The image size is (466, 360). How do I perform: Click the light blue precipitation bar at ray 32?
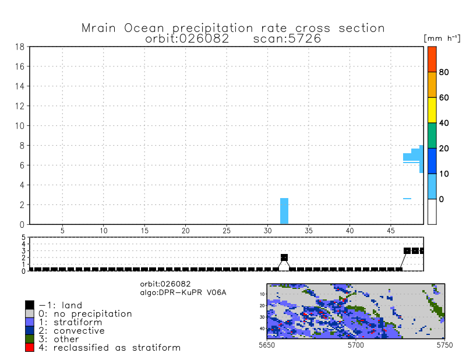click(x=284, y=211)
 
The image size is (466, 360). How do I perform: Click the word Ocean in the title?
click(x=144, y=28)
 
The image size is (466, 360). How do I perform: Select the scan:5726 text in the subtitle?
click(x=287, y=38)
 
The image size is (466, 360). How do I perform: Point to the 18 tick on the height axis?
click(x=20, y=47)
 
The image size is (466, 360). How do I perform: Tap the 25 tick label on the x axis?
click(x=227, y=231)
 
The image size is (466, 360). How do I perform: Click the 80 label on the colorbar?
click(x=444, y=72)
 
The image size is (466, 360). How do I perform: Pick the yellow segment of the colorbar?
click(x=432, y=110)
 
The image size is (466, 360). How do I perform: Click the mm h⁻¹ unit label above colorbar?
click(x=442, y=38)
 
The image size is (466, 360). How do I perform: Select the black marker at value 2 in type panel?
click(x=284, y=257)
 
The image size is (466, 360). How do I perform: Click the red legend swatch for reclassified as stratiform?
click(x=30, y=348)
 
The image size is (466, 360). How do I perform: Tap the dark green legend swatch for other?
click(x=30, y=339)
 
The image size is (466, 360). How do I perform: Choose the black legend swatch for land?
click(x=30, y=305)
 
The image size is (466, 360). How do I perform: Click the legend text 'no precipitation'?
click(x=93, y=314)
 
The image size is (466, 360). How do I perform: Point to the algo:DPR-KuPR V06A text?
click(x=183, y=292)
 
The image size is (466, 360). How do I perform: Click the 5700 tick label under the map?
click(x=356, y=345)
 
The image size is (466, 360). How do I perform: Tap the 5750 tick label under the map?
click(x=444, y=345)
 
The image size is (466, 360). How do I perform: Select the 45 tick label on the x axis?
click(x=391, y=231)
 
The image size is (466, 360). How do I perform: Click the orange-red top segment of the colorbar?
click(x=432, y=59)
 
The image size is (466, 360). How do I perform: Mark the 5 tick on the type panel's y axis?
click(x=23, y=237)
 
